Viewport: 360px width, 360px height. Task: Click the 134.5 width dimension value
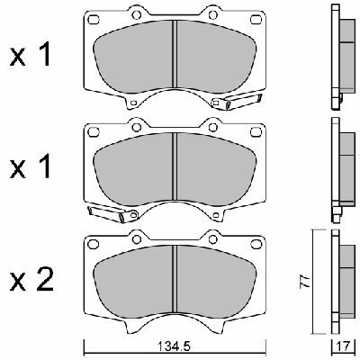pyautogui.click(x=175, y=347)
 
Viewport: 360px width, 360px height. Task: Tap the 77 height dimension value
pyautogui.click(x=305, y=282)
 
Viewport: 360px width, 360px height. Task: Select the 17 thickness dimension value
pyautogui.click(x=344, y=347)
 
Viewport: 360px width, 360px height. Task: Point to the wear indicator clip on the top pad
pyautogui.click(x=237, y=101)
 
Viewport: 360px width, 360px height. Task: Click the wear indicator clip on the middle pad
pyautogui.click(x=112, y=213)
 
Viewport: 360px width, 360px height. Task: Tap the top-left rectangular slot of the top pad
pyautogui.click(x=93, y=20)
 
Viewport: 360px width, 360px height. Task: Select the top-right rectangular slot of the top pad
pyautogui.click(x=256, y=20)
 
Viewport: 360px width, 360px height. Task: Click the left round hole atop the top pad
pyautogui.click(x=137, y=14)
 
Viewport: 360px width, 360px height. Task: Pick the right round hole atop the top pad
pyautogui.click(x=212, y=14)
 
